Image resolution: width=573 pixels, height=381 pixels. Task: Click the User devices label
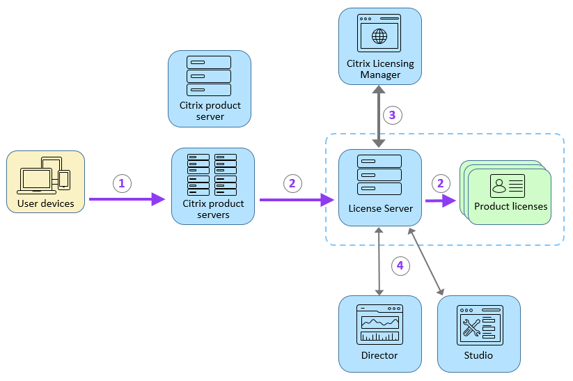pyautogui.click(x=45, y=203)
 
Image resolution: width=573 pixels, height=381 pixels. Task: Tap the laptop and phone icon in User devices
pyautogui.click(x=45, y=175)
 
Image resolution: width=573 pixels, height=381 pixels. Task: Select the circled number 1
pyautogui.click(x=122, y=183)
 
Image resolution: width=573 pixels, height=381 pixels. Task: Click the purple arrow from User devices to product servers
pyautogui.click(x=125, y=199)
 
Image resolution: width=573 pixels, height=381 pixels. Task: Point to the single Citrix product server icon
pyautogui.click(x=209, y=76)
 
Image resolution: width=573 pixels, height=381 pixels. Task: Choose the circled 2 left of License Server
pyautogui.click(x=292, y=183)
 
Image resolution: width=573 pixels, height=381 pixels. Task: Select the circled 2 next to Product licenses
pyautogui.click(x=439, y=183)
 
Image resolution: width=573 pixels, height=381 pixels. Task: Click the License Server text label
pyautogui.click(x=380, y=208)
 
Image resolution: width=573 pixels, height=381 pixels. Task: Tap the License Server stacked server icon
pyautogui.click(x=379, y=175)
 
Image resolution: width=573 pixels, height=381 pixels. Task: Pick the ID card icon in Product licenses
pyautogui.click(x=507, y=186)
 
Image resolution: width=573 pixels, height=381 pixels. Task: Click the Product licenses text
pyautogui.click(x=510, y=206)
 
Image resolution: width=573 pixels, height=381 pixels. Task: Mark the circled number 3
pyautogui.click(x=392, y=115)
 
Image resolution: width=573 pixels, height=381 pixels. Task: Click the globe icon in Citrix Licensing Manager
pyautogui.click(x=379, y=36)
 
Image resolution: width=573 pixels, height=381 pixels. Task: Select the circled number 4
pyautogui.click(x=399, y=265)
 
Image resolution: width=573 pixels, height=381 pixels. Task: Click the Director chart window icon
pyautogui.click(x=379, y=324)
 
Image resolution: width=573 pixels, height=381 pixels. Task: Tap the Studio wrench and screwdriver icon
pyautogui.click(x=479, y=325)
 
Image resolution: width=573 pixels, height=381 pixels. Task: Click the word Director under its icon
pyautogui.click(x=379, y=355)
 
